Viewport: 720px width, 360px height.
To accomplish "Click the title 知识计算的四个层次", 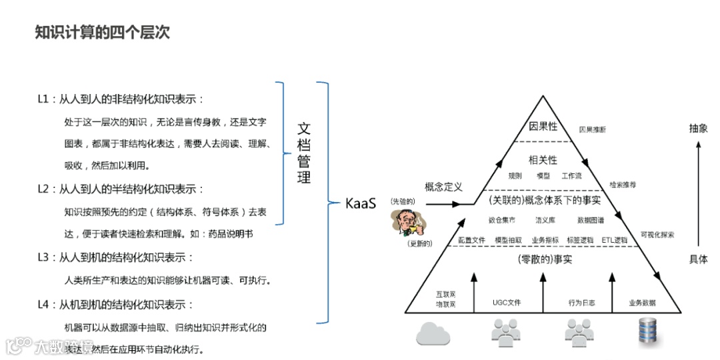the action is (x=102, y=33).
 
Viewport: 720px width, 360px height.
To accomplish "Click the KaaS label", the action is (x=361, y=203).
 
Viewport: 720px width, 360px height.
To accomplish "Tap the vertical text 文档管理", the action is (x=304, y=153).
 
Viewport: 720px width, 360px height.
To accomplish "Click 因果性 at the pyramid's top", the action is (x=543, y=126).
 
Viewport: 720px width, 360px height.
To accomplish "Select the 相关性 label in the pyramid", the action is (x=543, y=160).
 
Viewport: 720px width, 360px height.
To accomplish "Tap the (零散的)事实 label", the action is (x=544, y=259).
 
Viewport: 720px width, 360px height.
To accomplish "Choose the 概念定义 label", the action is (x=443, y=187).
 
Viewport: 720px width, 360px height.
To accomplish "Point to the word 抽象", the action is (x=698, y=129).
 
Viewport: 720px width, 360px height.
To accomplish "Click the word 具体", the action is (x=698, y=259).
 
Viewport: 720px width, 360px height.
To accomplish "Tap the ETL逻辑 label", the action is (x=614, y=240).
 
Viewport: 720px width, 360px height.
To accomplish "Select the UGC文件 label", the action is (x=507, y=303).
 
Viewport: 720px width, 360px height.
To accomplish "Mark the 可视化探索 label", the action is (x=657, y=235).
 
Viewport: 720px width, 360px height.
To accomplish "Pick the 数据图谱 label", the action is (x=591, y=219).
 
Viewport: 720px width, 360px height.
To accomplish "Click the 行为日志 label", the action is (x=581, y=303).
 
